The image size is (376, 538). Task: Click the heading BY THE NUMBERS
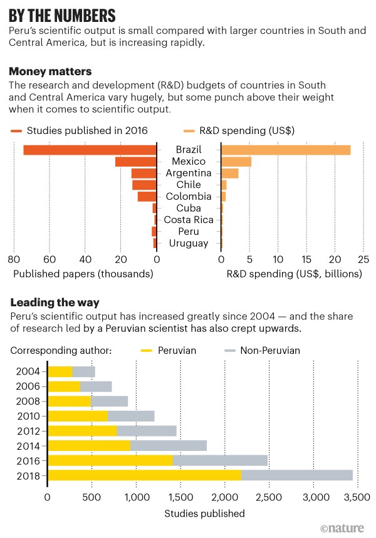62,15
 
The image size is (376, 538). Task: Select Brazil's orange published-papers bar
90,150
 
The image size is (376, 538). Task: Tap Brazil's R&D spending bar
286,150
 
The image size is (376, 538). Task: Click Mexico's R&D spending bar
236,162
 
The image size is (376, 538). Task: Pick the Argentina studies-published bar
144,173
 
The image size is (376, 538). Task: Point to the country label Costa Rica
189,220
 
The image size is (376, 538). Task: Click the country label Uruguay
189,243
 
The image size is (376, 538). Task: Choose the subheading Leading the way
55,303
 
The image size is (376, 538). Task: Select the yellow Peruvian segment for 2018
144,475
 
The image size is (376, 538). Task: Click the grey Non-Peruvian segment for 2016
220,460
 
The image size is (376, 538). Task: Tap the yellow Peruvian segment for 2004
60,371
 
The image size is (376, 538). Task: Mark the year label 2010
28,416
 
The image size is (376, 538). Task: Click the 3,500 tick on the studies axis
357,498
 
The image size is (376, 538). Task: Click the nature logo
342,528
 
